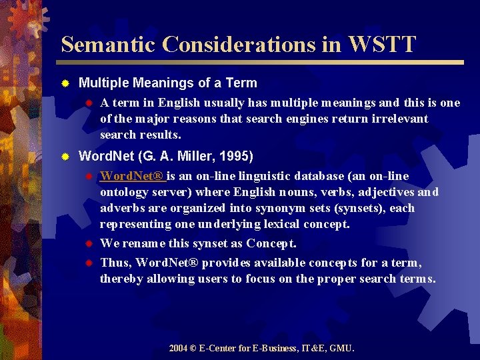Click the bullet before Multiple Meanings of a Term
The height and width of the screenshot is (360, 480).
(x=65, y=84)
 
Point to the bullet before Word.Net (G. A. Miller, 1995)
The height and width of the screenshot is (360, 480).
(x=65, y=157)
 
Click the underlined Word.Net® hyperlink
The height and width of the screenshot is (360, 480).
(x=133, y=176)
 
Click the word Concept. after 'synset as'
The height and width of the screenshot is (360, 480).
(x=271, y=243)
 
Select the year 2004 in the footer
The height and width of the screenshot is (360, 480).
(x=178, y=348)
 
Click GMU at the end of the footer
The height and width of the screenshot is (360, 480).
(x=343, y=348)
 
